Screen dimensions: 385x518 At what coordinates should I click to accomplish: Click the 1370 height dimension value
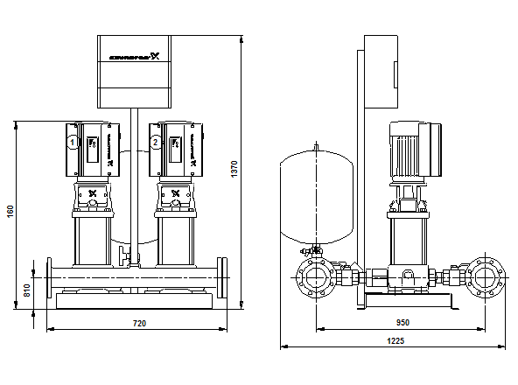click(x=234, y=170)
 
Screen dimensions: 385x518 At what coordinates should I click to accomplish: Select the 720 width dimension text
click(x=138, y=324)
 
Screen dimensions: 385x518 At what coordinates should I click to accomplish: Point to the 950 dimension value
click(x=402, y=323)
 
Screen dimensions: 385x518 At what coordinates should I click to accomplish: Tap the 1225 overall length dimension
click(x=395, y=341)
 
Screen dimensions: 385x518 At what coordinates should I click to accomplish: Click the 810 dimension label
click(x=27, y=290)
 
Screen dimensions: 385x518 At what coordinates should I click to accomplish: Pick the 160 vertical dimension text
click(x=10, y=213)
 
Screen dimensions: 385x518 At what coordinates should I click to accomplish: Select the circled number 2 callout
click(x=156, y=142)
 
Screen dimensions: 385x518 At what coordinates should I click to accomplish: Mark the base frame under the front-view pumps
click(x=133, y=302)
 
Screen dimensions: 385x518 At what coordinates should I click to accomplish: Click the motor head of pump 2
click(x=175, y=144)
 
